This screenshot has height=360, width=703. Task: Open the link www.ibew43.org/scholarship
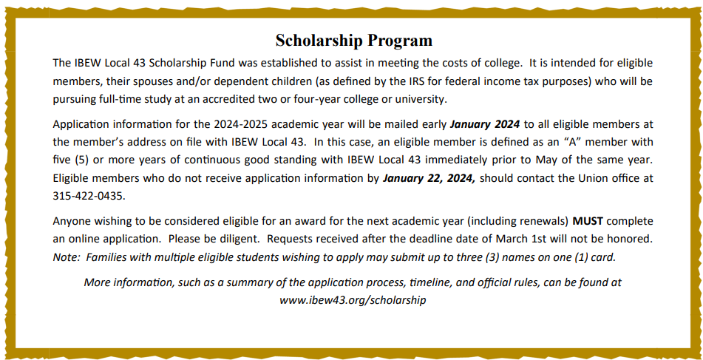[x=353, y=301]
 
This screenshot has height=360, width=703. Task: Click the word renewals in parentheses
[x=543, y=221]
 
